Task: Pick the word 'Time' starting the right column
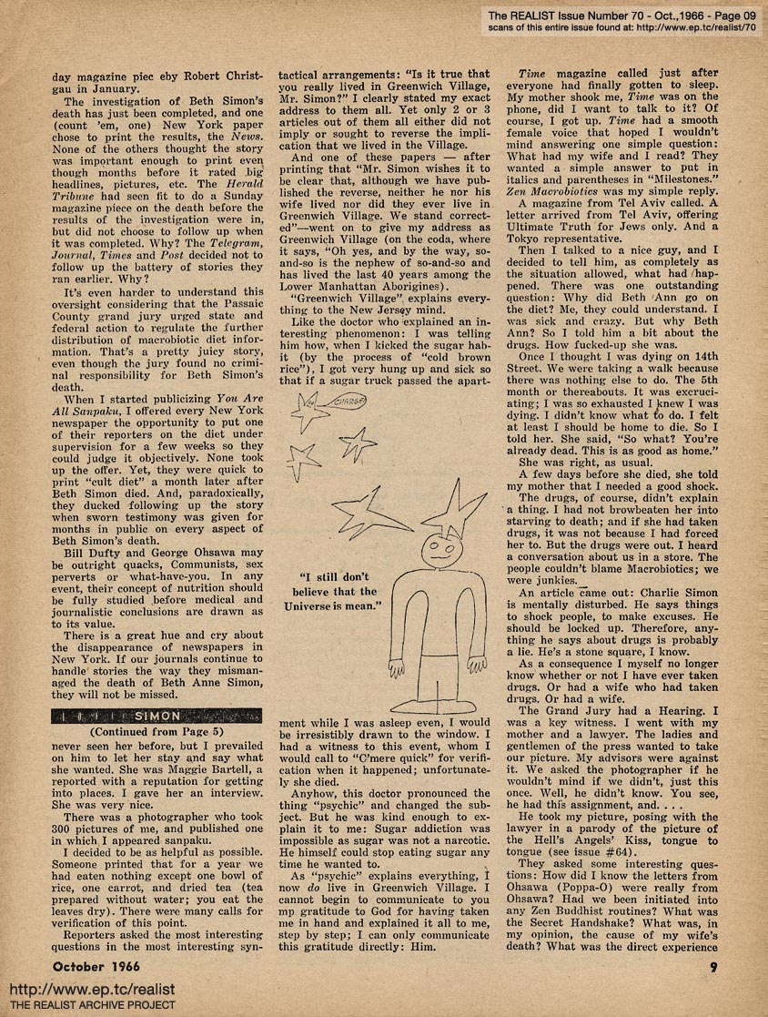536,74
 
